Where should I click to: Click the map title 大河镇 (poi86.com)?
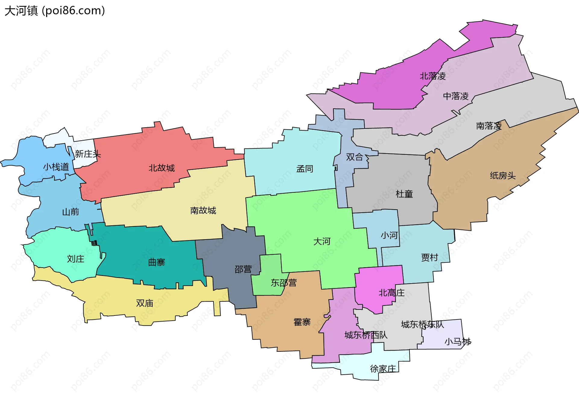pos(55,11)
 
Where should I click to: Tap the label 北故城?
pos(162,168)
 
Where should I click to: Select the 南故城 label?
pos(203,211)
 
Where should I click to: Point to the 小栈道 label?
pos(56,167)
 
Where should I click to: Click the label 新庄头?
pos(88,154)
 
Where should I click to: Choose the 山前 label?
pos(71,212)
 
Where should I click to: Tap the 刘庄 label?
pos(75,259)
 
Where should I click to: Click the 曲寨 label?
pos(157,262)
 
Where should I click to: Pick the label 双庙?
pos(145,303)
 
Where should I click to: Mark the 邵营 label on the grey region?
pos(243,269)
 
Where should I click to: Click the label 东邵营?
pos(283,283)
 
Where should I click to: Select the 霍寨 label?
pos(302,322)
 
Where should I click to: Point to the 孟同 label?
pos(305,169)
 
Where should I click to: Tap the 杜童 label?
pos(404,194)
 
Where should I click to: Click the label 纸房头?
pos(503,176)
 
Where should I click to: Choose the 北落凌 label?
pos(433,76)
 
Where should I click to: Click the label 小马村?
pos(457,342)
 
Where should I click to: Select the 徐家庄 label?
pos(383,369)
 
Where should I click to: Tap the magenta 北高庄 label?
pos(391,293)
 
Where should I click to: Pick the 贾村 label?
pos(429,258)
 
